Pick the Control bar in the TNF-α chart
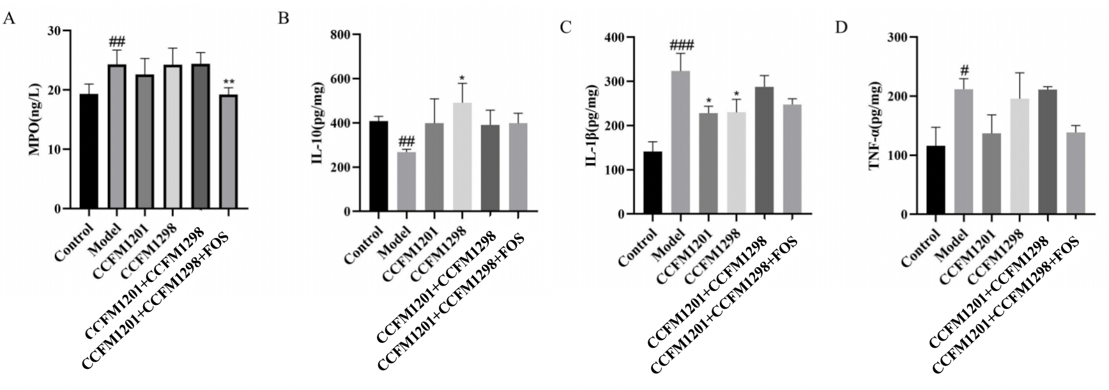(935, 180)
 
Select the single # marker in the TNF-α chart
(965, 70)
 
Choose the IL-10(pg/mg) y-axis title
(317, 123)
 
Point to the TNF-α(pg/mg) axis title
(875, 126)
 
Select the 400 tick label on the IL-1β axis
(615, 38)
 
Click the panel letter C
(565, 27)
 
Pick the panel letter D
(841, 27)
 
